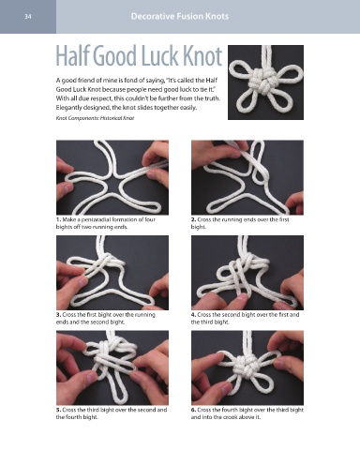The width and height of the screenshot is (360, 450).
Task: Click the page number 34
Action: pos(28,17)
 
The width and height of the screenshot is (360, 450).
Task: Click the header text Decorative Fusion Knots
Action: pos(180,16)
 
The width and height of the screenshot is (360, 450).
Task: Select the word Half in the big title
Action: pos(72,56)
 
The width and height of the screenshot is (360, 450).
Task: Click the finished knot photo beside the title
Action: pos(265,82)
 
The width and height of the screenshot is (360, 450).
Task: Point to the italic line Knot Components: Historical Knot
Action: pos(95,118)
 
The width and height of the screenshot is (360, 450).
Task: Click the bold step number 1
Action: pos(58,219)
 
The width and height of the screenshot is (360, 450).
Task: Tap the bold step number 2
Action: pos(193,219)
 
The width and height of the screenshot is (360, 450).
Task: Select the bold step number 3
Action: pos(58,315)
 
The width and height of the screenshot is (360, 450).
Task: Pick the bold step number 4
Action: pos(193,315)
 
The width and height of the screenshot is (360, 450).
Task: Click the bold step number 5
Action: pos(58,410)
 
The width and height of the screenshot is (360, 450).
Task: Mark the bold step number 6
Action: pos(193,410)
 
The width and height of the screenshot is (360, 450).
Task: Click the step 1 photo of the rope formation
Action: pos(112,177)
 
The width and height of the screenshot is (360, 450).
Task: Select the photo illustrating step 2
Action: pos(247,177)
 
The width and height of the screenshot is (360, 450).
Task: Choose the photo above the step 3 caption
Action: pos(112,273)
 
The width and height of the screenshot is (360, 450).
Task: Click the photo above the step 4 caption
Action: pos(247,273)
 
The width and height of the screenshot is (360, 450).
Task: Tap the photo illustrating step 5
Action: pos(112,367)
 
